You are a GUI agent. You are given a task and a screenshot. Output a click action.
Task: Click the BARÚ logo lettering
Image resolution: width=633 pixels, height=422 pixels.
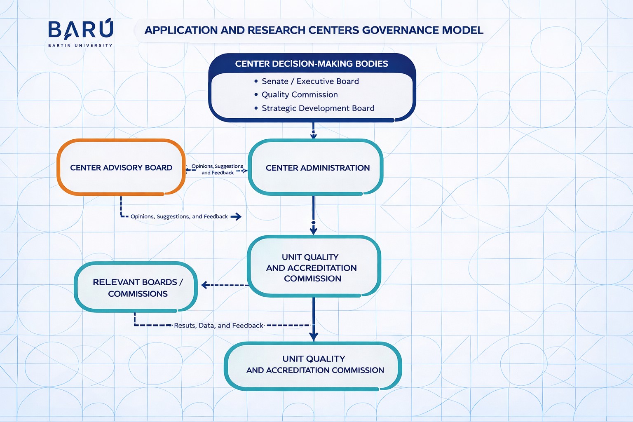pyautogui.click(x=81, y=30)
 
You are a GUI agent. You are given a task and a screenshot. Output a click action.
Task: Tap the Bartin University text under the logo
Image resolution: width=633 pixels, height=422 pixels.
pyautogui.click(x=80, y=45)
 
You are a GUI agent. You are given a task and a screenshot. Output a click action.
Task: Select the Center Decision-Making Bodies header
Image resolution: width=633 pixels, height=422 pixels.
pyautogui.click(x=312, y=64)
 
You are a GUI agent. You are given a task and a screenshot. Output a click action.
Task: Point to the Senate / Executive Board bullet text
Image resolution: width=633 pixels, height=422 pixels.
pyautogui.click(x=310, y=81)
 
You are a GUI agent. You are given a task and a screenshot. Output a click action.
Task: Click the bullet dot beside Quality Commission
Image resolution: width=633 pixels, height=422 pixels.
pyautogui.click(x=256, y=95)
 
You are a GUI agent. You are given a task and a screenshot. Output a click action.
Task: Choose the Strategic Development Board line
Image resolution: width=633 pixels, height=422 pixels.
pyautogui.click(x=318, y=108)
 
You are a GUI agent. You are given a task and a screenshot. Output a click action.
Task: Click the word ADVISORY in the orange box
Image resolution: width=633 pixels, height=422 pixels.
pyautogui.click(x=122, y=168)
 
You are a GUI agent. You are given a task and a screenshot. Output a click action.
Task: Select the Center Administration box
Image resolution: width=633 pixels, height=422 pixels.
pyautogui.click(x=316, y=167)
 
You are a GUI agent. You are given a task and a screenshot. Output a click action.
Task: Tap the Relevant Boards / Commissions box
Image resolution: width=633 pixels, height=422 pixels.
pyautogui.click(x=136, y=287)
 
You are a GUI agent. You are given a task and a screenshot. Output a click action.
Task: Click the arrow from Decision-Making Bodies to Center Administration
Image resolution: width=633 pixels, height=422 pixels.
pyautogui.click(x=314, y=131)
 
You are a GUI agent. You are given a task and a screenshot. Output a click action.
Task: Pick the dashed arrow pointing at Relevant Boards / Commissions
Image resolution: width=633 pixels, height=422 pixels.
pyautogui.click(x=225, y=285)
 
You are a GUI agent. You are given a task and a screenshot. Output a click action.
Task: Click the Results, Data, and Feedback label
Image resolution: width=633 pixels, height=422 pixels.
pyautogui.click(x=218, y=326)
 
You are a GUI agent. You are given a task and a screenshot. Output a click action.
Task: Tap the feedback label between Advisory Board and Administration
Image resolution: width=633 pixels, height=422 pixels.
pyautogui.click(x=217, y=169)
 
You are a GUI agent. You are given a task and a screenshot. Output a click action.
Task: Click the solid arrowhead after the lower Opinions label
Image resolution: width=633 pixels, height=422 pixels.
pyautogui.click(x=236, y=216)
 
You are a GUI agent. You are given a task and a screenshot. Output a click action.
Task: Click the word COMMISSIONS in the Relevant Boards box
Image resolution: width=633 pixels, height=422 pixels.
pyautogui.click(x=138, y=294)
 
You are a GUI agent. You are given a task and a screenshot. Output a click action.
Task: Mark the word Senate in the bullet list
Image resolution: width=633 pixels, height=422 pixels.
pyautogui.click(x=275, y=81)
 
